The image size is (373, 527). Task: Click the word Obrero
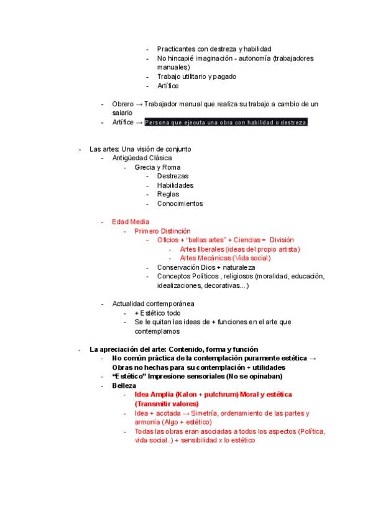coord(122,104)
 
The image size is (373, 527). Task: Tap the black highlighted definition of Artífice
coord(226,122)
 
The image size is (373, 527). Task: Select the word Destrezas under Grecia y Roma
coord(173,176)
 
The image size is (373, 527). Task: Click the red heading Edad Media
coord(131,222)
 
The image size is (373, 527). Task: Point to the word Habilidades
coord(175,185)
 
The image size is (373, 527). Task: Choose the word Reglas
coord(168,195)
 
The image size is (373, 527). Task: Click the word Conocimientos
coord(180,203)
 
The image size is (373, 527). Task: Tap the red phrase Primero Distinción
coord(162,231)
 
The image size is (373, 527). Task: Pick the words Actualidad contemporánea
coord(153,304)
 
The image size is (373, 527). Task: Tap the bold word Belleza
coord(124,385)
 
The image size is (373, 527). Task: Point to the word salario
coord(122,113)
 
